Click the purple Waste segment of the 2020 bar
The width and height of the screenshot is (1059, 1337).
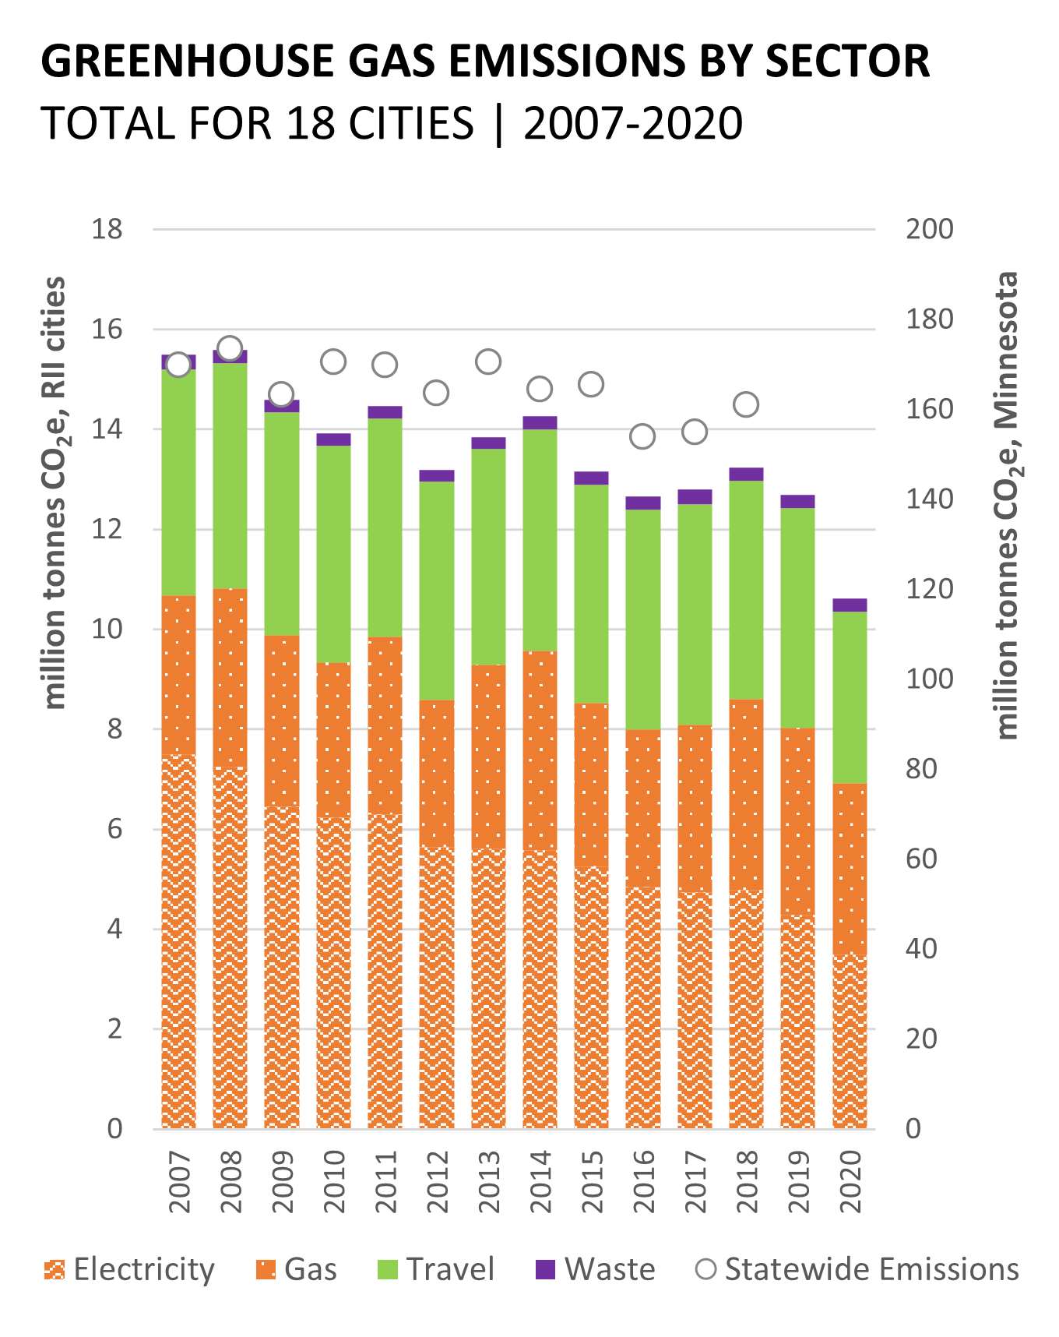pos(850,605)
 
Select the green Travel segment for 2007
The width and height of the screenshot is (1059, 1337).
pos(178,483)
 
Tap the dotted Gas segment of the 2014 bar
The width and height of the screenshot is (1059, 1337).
pos(540,750)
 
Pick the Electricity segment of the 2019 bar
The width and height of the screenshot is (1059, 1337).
pos(797,1021)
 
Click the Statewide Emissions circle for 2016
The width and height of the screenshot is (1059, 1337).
pos(642,436)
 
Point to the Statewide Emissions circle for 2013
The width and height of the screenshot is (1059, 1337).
pos(488,362)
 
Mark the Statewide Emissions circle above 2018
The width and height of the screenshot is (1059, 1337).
pos(746,404)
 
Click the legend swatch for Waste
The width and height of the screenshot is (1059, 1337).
pos(546,1270)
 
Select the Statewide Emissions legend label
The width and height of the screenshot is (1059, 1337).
pos(871,1270)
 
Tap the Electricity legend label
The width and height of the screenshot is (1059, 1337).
pos(144,1270)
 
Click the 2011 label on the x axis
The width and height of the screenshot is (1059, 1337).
pos(385,1182)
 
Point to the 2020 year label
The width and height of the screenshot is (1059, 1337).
pos(850,1182)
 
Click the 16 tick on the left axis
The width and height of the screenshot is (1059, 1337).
pos(107,330)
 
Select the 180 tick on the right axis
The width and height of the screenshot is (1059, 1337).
pos(929,319)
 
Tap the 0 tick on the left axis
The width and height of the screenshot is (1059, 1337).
pos(114,1129)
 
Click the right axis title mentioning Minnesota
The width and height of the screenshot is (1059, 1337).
pos(1008,505)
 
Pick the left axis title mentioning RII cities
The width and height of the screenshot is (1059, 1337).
pos(55,492)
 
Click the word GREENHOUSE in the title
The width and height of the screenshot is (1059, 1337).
pos(188,61)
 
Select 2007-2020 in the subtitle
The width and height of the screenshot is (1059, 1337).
pos(633,124)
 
